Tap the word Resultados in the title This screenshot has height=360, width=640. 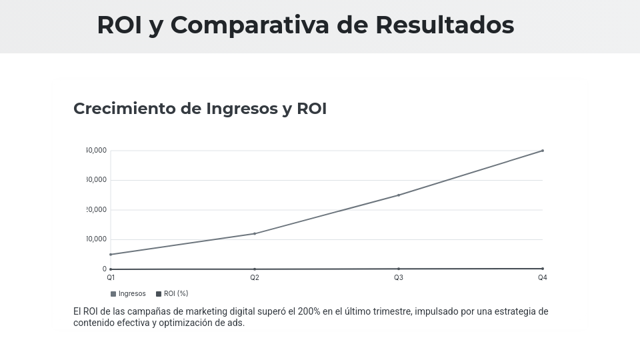click(444, 25)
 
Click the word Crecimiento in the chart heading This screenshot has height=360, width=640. click(124, 109)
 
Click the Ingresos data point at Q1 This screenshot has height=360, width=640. click(111, 255)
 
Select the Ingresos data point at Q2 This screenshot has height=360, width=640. click(255, 233)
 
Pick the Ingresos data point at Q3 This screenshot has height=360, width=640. click(399, 195)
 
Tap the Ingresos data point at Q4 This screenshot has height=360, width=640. click(543, 151)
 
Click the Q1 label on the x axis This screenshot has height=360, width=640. click(111, 277)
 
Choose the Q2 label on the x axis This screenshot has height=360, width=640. click(255, 277)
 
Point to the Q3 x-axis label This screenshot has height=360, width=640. click(399, 277)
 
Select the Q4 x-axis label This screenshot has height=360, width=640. click(543, 277)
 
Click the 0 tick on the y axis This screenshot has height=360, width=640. click(104, 269)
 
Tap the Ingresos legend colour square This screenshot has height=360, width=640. click(113, 294)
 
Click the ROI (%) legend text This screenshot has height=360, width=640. click(176, 294)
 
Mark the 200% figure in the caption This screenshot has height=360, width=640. click(309, 311)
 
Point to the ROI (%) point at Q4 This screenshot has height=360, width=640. click(543, 269)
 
